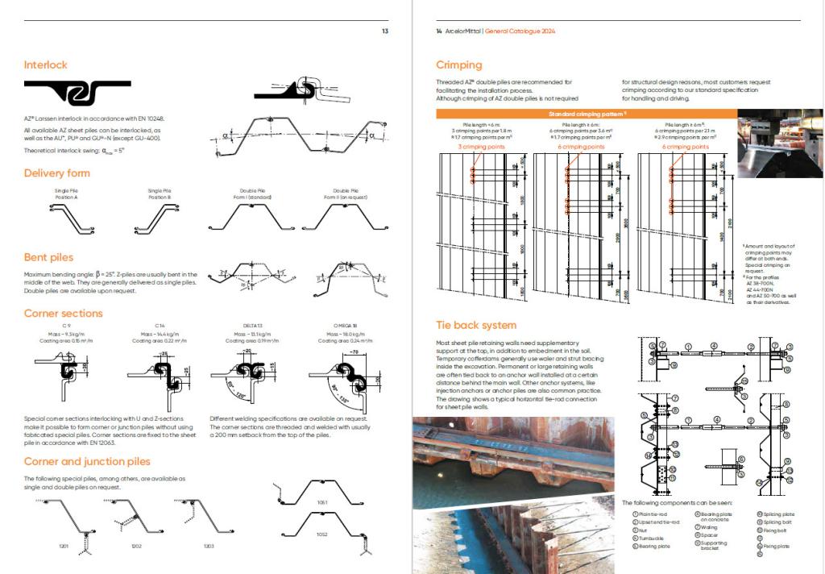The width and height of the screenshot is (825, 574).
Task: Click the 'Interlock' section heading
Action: tap(46, 64)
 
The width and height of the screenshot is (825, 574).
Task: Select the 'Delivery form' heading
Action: tap(56, 173)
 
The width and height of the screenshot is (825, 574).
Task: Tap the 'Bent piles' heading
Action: tap(49, 258)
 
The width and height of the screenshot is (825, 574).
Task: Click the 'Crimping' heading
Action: tap(458, 64)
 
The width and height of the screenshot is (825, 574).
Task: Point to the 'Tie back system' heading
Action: tap(476, 325)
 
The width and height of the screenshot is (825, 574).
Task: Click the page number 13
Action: tap(385, 31)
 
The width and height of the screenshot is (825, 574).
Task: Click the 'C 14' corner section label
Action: tap(160, 325)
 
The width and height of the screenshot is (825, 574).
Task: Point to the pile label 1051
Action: tap(323, 501)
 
